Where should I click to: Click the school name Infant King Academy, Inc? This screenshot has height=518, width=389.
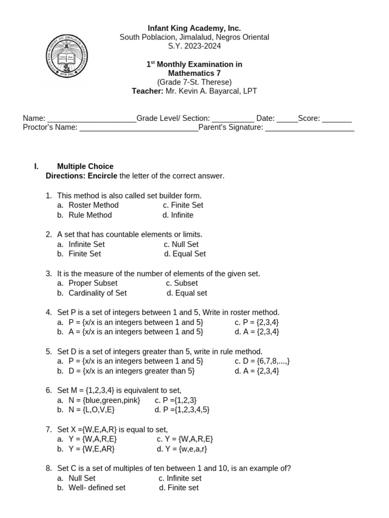pyautogui.click(x=194, y=28)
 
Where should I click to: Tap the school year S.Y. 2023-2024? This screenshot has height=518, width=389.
pyautogui.click(x=194, y=46)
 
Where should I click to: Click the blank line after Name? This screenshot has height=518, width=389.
pyautogui.click(x=91, y=120)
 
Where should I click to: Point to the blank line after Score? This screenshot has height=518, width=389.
pyautogui.click(x=337, y=120)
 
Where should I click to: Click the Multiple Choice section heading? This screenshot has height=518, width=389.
pyautogui.click(x=85, y=166)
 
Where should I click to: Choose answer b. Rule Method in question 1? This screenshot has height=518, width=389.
pyautogui.click(x=90, y=215)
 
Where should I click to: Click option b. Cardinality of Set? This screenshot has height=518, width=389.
pyautogui.click(x=97, y=293)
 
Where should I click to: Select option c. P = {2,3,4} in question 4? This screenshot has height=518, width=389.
pyautogui.click(x=257, y=322)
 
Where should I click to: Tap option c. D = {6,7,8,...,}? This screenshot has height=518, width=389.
pyautogui.click(x=262, y=361)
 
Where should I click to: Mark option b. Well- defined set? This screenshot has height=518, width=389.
pyautogui.click(x=97, y=488)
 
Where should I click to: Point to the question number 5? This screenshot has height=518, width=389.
pyautogui.click(x=49, y=352)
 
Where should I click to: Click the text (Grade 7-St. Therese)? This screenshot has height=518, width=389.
pyautogui.click(x=194, y=82)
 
